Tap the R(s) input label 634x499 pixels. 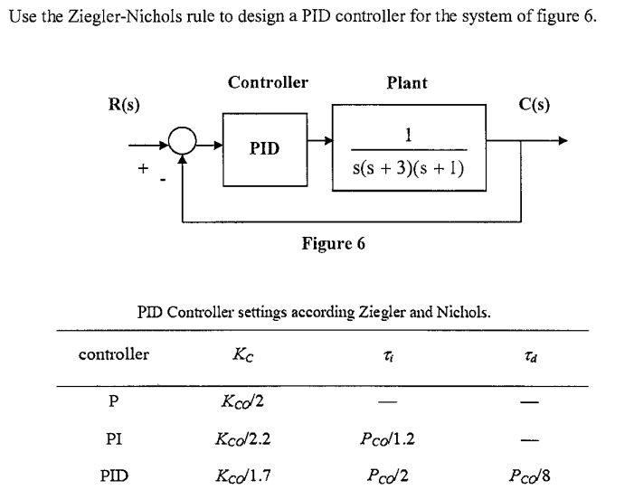click(x=124, y=104)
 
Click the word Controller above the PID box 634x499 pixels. click(x=267, y=82)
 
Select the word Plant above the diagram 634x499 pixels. click(x=407, y=82)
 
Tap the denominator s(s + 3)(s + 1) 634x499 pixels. click(x=408, y=166)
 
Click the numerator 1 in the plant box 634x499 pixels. click(x=409, y=135)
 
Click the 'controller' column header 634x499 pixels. click(x=114, y=354)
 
